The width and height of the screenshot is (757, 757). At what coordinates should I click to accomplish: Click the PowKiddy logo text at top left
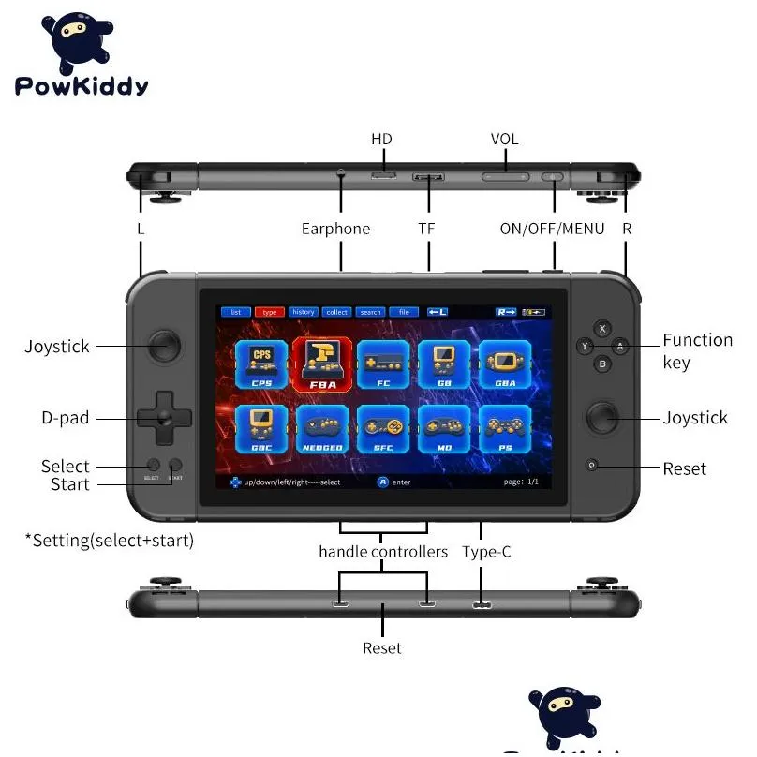[82, 87]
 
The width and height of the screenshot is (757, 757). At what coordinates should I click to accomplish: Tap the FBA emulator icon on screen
[322, 364]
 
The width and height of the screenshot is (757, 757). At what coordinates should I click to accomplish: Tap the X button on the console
[602, 329]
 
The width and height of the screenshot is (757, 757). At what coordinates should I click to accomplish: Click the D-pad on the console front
[165, 419]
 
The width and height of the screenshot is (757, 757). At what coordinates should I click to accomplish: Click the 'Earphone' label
[335, 229]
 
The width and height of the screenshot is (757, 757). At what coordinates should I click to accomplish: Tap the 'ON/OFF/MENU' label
[552, 229]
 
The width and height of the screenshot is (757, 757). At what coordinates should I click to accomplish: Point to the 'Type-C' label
[486, 552]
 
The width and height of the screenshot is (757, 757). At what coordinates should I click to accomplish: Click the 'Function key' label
[697, 351]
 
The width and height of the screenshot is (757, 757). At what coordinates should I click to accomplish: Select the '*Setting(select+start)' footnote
[109, 541]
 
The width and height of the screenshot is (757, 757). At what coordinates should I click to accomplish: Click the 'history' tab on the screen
[303, 312]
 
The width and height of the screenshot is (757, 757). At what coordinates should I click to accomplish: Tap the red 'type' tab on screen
[269, 312]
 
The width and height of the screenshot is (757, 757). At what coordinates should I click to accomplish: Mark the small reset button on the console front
[591, 466]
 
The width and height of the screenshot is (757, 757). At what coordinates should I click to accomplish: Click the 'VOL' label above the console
[504, 139]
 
